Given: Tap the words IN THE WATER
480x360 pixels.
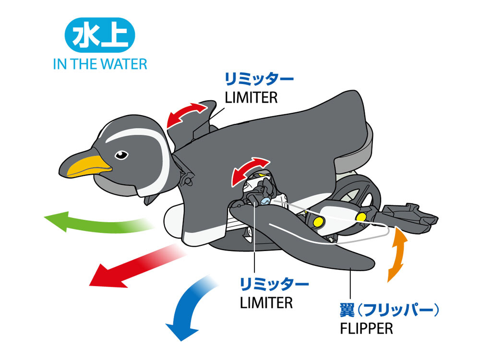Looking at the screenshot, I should tap(100, 64).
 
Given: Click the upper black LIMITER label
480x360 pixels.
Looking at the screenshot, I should tap(251, 97).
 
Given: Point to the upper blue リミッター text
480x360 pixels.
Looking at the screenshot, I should tap(259, 78).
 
